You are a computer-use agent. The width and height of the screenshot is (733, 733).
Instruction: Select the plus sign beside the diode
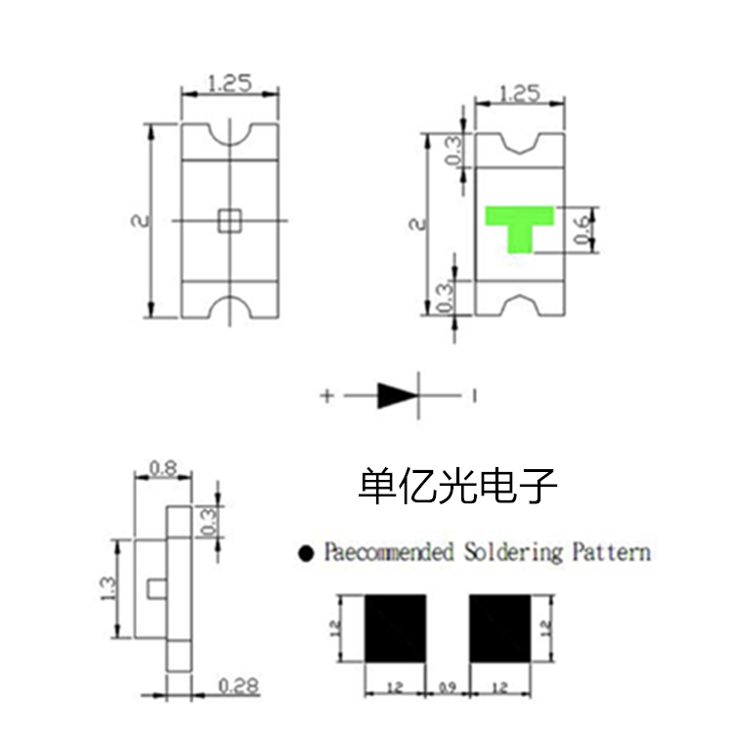tap(326, 397)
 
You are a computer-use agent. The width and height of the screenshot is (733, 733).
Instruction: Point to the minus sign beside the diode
tap(474, 396)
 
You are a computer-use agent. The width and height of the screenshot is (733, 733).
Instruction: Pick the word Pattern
tap(611, 552)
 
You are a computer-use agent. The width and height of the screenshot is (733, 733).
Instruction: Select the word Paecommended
tap(389, 552)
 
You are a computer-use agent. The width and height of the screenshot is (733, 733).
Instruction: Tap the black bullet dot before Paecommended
tap(307, 553)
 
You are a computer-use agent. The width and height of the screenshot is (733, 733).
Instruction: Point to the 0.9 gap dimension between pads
tap(448, 689)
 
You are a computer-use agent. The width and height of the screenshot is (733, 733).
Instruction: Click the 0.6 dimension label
tap(582, 230)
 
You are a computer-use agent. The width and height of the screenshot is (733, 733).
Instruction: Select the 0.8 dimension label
tap(162, 468)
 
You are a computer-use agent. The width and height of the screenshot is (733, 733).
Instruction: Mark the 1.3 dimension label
tap(108, 589)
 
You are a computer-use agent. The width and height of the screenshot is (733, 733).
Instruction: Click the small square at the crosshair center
tap(230, 220)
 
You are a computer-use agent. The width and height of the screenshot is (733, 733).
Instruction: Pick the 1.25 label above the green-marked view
tap(519, 94)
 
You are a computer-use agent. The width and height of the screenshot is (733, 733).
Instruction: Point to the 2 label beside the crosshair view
tap(140, 221)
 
